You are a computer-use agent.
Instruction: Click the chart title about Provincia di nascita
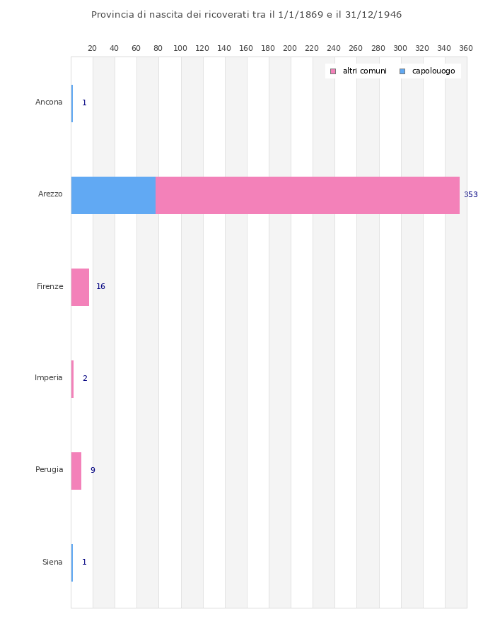(246, 15)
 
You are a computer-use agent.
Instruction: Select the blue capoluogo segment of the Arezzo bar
(113, 195)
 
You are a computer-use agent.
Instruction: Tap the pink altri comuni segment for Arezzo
(307, 195)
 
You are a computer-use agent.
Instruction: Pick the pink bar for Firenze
(80, 287)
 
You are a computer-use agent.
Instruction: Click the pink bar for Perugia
(76, 471)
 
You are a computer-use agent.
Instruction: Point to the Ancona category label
(49, 102)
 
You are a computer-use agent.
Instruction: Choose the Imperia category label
(49, 378)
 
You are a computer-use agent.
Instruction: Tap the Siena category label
(52, 563)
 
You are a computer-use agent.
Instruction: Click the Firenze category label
(50, 287)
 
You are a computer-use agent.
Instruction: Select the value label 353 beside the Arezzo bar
(470, 195)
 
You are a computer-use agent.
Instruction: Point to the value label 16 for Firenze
(100, 287)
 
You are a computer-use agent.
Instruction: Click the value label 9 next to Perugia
(93, 471)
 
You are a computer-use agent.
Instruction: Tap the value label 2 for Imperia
(85, 379)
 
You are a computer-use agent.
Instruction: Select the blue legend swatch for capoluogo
(402, 71)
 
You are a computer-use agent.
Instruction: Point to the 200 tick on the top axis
(290, 48)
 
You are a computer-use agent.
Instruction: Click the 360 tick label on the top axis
(466, 48)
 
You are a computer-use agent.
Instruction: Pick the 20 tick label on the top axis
(92, 48)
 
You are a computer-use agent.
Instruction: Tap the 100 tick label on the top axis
(180, 48)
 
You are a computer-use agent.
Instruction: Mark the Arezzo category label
(50, 194)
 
